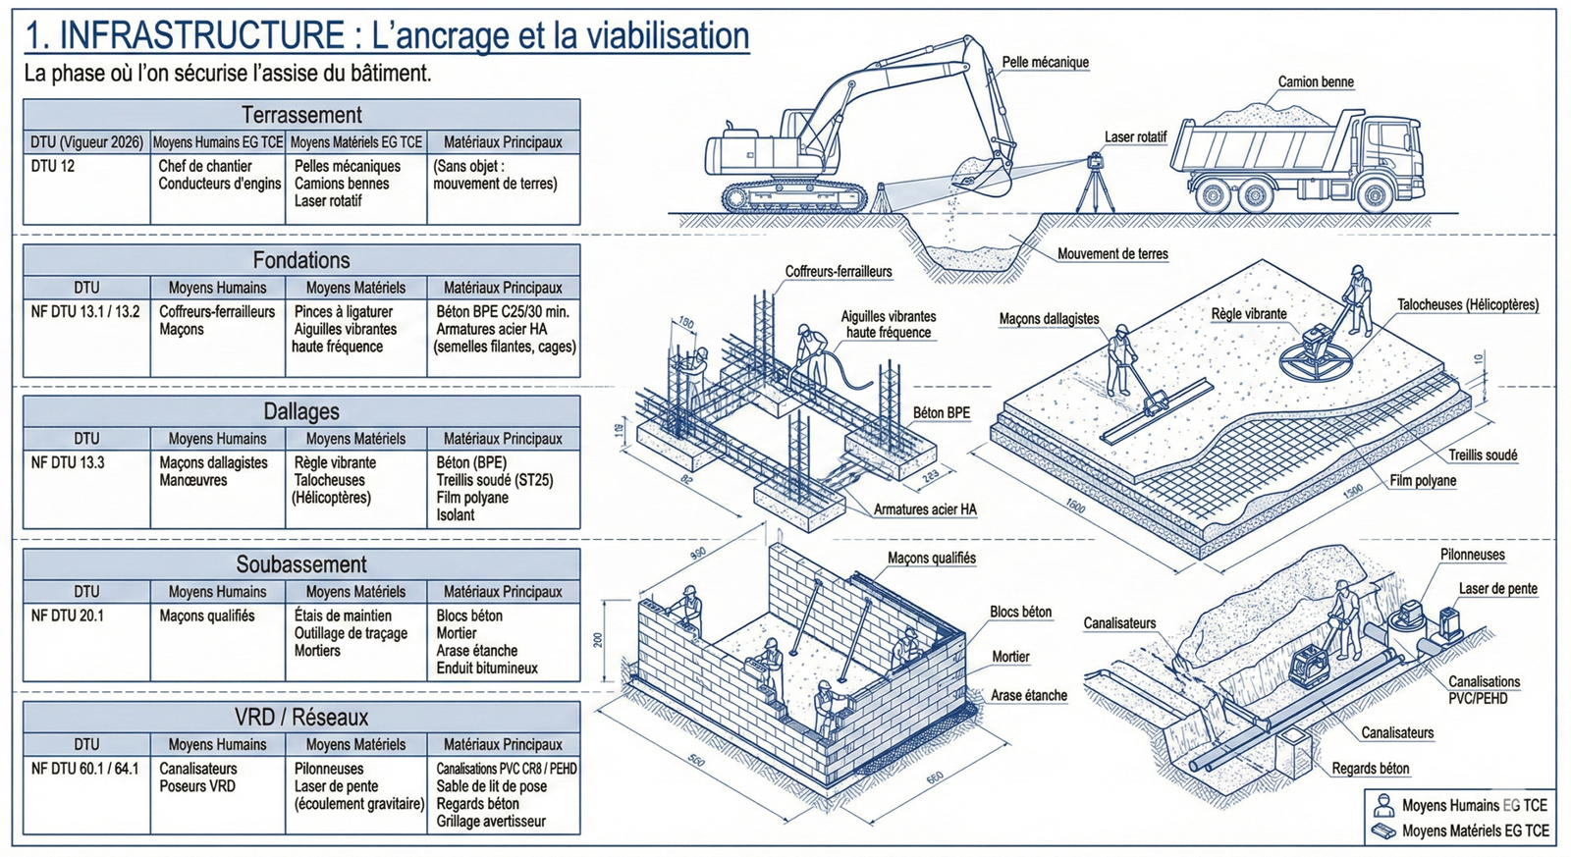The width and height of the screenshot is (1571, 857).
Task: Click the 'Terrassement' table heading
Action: pyautogui.click(x=301, y=115)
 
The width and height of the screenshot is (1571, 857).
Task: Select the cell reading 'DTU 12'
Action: pyautogui.click(x=53, y=166)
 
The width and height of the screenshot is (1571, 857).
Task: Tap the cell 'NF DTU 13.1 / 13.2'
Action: pyautogui.click(x=85, y=311)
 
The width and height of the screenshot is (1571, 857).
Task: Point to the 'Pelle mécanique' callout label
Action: pyautogui.click(x=1045, y=62)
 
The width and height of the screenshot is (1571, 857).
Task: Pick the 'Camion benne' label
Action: pyautogui.click(x=1316, y=81)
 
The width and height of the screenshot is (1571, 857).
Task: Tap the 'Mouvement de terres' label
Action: pyautogui.click(x=1112, y=253)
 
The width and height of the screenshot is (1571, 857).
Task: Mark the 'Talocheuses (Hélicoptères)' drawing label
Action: pyautogui.click(x=1468, y=305)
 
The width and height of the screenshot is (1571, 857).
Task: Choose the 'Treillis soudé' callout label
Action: pyautogui.click(x=1483, y=455)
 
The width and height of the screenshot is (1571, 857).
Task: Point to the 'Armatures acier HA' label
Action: pyautogui.click(x=925, y=509)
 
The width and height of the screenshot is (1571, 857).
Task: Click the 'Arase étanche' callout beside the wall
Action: pyautogui.click(x=1028, y=695)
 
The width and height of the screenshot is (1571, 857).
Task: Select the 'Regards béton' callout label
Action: pyautogui.click(x=1370, y=769)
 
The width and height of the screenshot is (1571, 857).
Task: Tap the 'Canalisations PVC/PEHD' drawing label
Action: pyautogui.click(x=1484, y=689)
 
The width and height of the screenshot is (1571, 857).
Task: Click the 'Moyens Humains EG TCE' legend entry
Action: pyautogui.click(x=1473, y=805)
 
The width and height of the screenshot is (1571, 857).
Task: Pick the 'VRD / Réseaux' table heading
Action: pyautogui.click(x=301, y=717)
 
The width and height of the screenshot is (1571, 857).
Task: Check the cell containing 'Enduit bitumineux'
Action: pyautogui.click(x=487, y=668)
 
